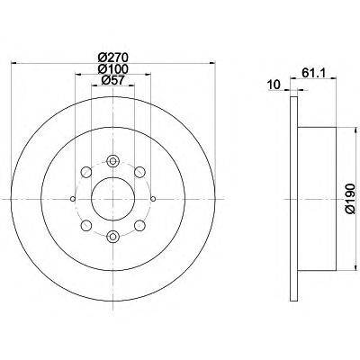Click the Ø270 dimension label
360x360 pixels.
[112, 58]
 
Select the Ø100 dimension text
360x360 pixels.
[112, 69]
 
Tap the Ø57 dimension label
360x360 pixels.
[112, 80]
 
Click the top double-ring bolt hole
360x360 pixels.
[112, 161]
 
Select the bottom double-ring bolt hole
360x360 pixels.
[112, 236]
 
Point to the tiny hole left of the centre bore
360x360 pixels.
[71, 199]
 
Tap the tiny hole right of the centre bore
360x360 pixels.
[154, 199]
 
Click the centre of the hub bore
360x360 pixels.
[112, 199]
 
